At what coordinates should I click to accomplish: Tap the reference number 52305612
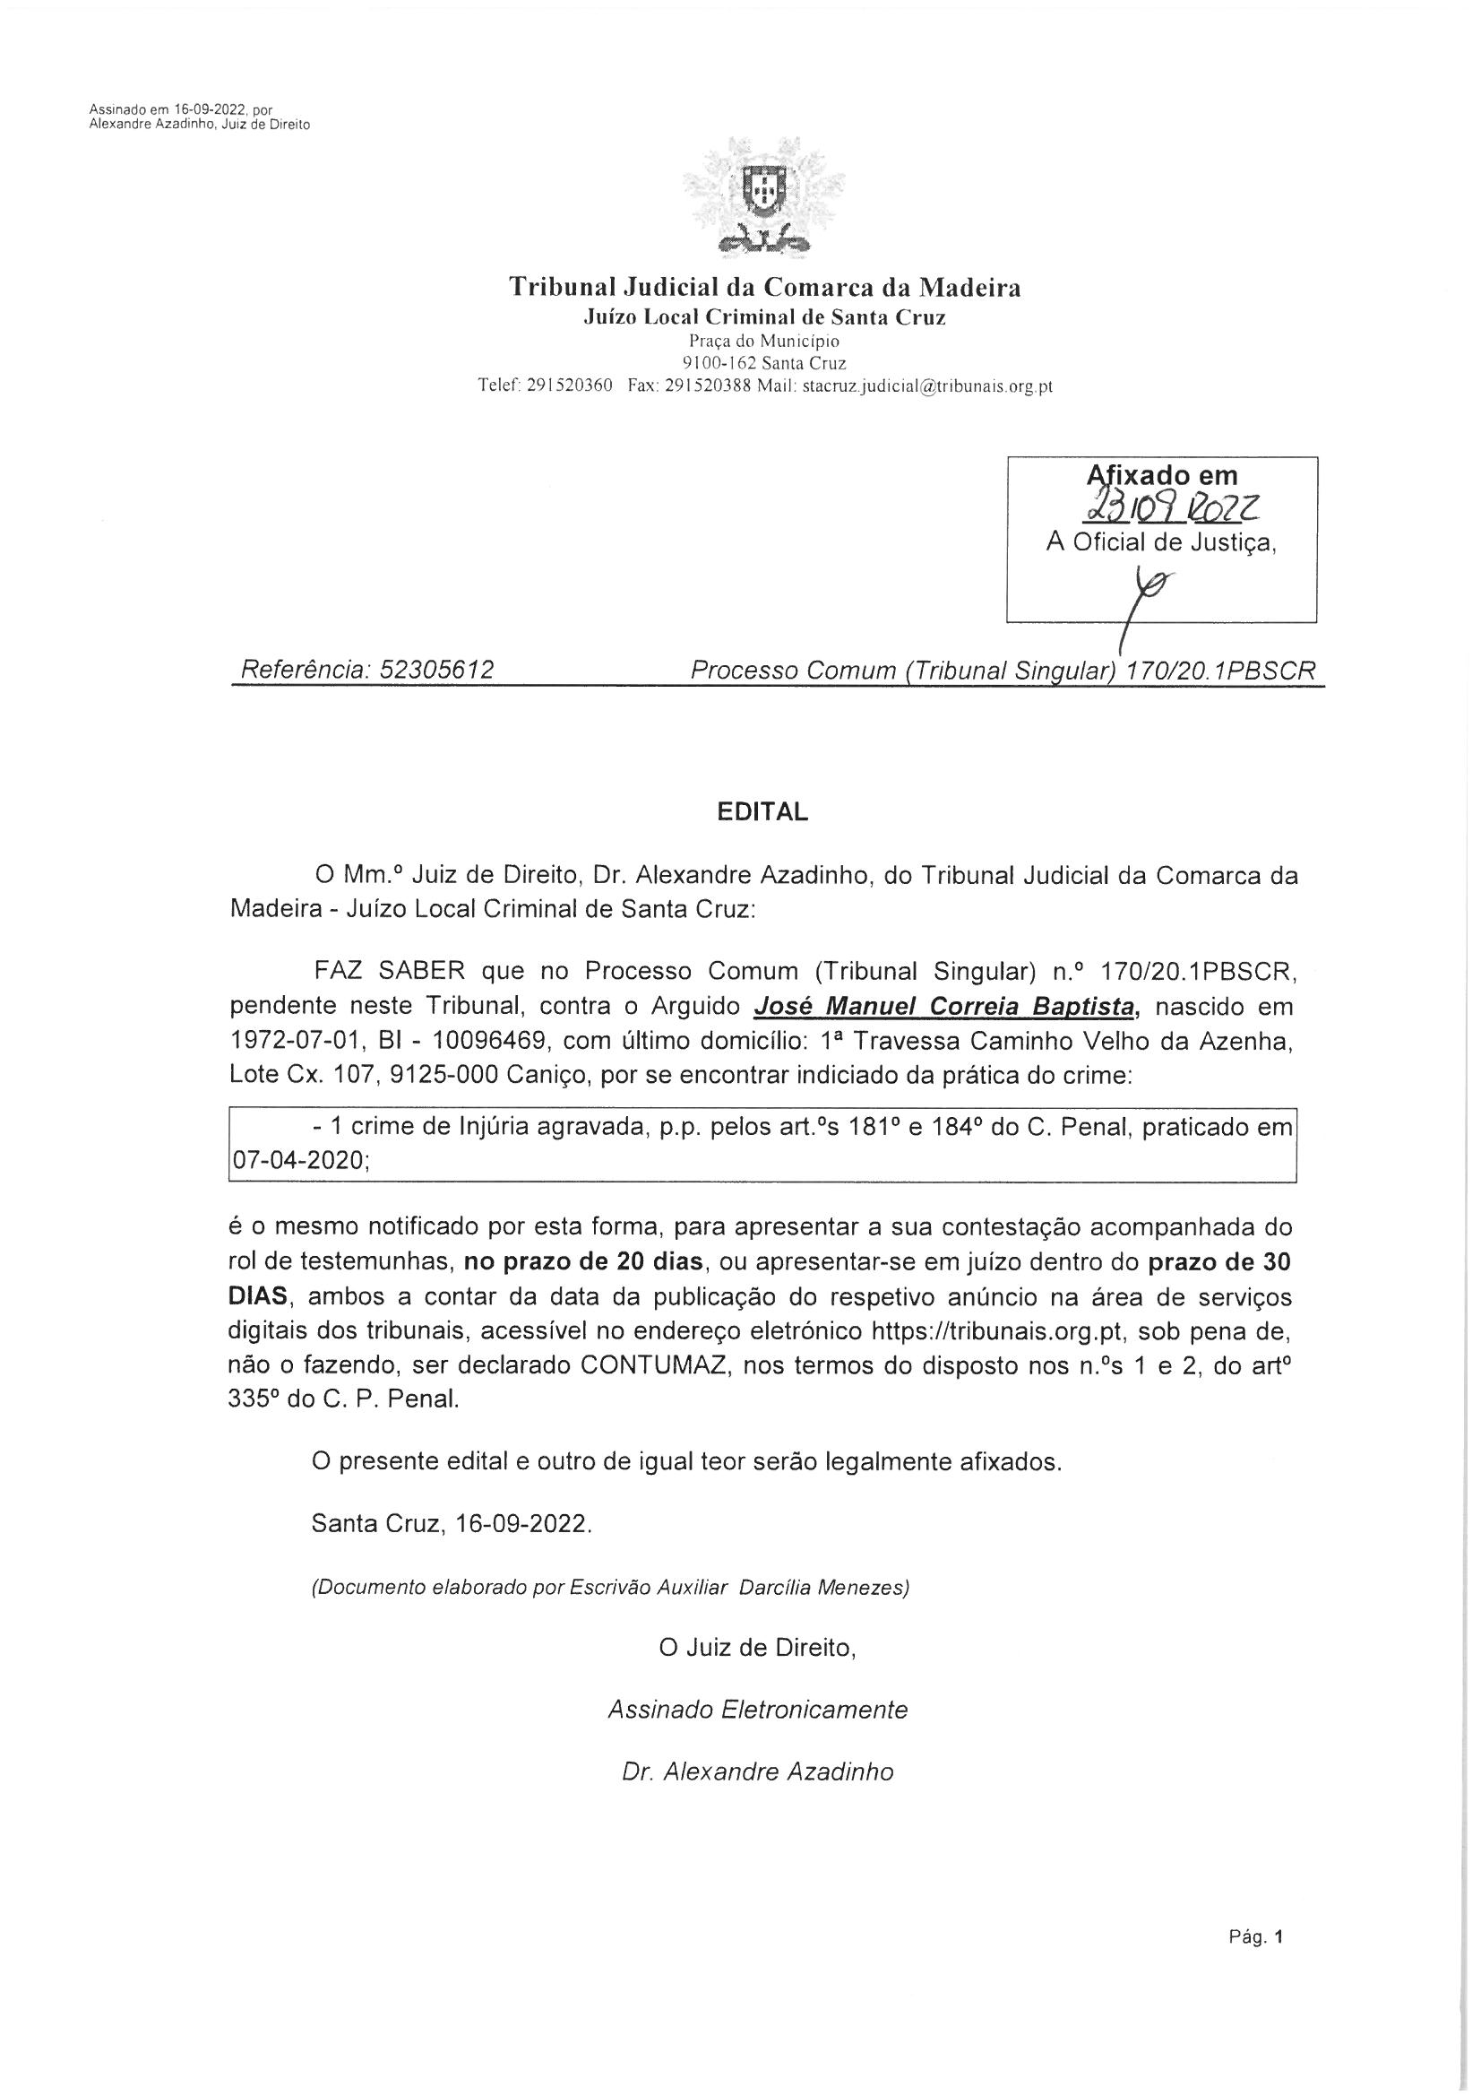436,671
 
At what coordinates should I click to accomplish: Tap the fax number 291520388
706,386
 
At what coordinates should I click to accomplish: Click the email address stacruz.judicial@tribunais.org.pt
928,386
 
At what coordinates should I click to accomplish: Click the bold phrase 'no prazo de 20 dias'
583,1263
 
